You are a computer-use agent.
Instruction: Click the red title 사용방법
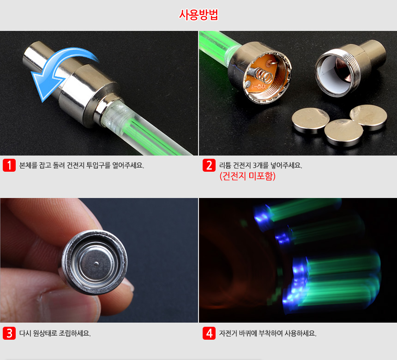pos(198,15)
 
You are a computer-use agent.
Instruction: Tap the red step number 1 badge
pos(9,165)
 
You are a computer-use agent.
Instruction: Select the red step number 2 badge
pos(209,165)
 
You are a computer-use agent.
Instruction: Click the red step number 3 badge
pos(9,333)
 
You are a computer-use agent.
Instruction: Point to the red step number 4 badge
pos(209,333)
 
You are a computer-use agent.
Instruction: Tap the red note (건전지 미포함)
pos(247,176)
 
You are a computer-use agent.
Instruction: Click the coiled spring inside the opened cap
pos(264,75)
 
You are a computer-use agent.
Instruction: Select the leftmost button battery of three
pos(310,120)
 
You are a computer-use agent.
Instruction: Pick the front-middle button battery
pos(343,132)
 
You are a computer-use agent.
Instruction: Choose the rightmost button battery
pos(368,117)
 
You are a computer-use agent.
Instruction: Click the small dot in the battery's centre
pos(96,264)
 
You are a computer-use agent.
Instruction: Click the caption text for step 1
pos(82,165)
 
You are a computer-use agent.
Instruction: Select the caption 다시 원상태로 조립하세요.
pos(55,333)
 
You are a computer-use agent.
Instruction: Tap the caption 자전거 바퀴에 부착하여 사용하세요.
pos(268,333)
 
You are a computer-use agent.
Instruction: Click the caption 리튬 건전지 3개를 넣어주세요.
pos(261,165)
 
